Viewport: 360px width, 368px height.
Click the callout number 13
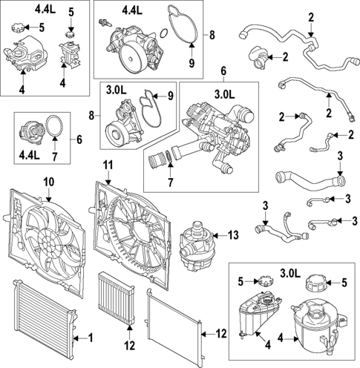233,235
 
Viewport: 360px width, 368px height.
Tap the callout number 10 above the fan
49,183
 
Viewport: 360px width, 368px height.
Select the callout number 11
108,165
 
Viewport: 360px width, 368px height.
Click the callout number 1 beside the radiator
91,338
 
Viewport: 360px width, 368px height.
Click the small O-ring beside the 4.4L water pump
163,33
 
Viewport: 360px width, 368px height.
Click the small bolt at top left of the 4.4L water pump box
105,22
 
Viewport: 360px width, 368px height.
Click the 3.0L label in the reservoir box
290,274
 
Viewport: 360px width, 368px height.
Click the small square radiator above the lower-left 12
117,298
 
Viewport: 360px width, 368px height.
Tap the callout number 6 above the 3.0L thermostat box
223,71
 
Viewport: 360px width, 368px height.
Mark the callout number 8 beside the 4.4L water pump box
212,35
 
